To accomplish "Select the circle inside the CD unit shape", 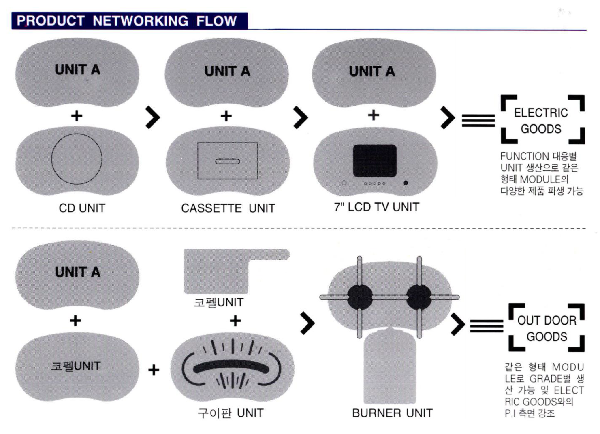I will (x=77, y=158).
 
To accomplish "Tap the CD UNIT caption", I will (x=82, y=208).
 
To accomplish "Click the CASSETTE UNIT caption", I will (x=228, y=208).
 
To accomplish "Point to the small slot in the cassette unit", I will (x=227, y=161).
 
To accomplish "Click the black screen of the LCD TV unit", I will (x=375, y=160).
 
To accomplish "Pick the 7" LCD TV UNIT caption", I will (x=376, y=207).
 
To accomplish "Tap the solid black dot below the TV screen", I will (x=406, y=183).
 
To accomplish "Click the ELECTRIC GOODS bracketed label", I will (x=542, y=120).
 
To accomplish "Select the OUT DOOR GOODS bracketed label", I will (x=547, y=328).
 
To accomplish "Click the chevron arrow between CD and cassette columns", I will (x=153, y=117).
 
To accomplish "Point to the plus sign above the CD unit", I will (x=77, y=116).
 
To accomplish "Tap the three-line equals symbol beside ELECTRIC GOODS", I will (x=478, y=120).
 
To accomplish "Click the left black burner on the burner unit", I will (x=359, y=297).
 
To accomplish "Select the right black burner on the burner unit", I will (x=419, y=297).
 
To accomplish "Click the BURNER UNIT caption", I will (x=392, y=413).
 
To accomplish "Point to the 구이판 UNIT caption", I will (x=230, y=413).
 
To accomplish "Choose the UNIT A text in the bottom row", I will (x=77, y=272).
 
